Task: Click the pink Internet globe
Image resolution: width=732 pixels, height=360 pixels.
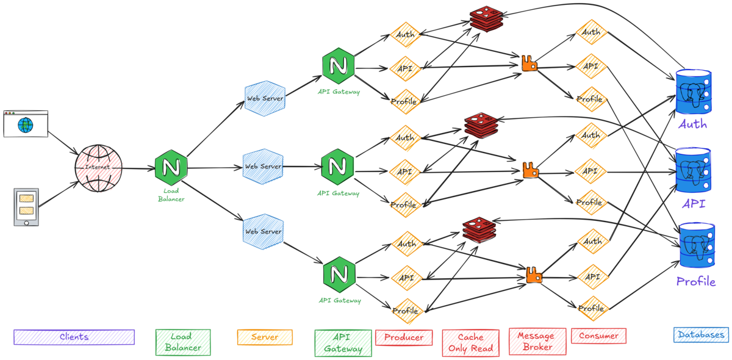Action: [99, 168]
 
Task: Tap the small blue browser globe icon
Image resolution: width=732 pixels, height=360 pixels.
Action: [25, 125]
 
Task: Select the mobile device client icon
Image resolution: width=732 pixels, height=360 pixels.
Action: [26, 207]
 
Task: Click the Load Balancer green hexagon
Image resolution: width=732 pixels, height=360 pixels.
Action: [171, 167]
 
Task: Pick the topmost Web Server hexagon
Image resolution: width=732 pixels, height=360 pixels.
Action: [265, 98]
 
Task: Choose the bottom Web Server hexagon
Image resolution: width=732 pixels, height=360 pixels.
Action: [263, 232]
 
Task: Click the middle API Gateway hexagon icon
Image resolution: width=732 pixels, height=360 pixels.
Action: [338, 166]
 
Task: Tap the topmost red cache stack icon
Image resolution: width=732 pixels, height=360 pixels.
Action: [487, 18]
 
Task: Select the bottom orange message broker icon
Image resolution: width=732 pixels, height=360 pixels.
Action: [534, 276]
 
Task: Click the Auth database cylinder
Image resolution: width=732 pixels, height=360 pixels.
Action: [694, 92]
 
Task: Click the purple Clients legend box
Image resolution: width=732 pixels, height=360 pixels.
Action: [74, 337]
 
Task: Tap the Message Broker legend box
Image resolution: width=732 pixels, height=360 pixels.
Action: [537, 341]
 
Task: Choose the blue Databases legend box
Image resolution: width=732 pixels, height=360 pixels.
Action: [701, 335]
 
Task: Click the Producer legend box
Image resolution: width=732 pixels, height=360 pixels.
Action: [404, 337]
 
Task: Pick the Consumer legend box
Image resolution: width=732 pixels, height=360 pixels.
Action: [598, 336]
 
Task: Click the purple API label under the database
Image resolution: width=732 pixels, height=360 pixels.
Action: [694, 203]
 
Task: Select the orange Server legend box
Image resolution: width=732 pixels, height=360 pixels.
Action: [265, 337]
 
